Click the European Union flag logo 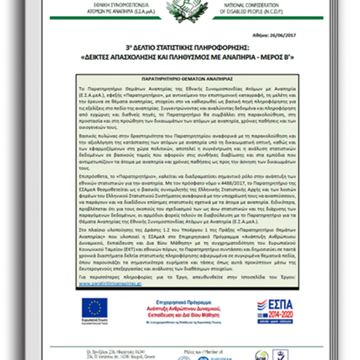(x=95, y=307)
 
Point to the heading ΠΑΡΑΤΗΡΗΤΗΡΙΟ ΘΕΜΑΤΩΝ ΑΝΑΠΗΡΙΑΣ (x=179, y=80)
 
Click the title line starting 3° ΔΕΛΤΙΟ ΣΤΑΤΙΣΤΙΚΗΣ (x=179, y=47)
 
